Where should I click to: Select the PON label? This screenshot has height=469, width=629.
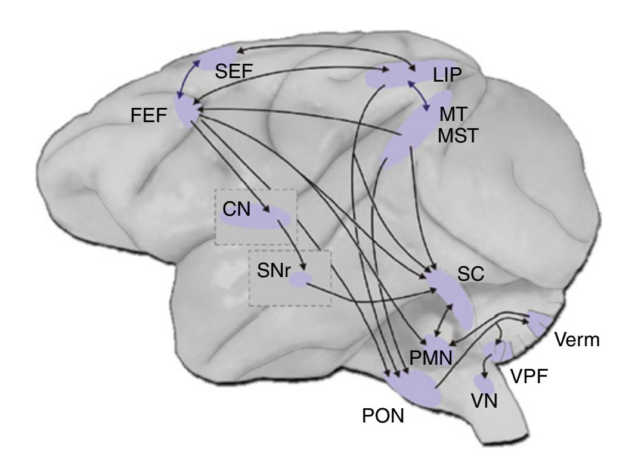tap(383, 415)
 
